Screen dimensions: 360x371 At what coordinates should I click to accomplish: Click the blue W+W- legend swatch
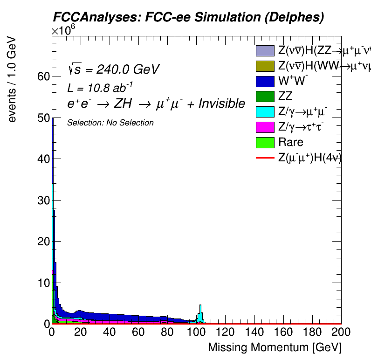[x=265, y=81]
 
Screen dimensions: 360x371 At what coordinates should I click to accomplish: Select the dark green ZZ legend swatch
[x=265, y=97]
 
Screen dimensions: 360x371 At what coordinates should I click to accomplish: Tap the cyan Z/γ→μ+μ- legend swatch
[x=265, y=112]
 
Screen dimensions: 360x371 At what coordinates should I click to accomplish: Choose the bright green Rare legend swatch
[x=265, y=142]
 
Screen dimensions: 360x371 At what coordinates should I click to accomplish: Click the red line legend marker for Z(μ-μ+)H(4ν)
[x=265, y=158]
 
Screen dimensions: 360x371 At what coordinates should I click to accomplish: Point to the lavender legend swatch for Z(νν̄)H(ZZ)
[x=265, y=51]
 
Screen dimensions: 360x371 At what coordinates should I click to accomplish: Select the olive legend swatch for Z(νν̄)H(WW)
[x=265, y=66]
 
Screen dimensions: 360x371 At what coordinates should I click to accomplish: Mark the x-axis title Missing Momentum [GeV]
[x=275, y=347]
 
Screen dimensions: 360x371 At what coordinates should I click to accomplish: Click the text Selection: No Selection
[x=110, y=123]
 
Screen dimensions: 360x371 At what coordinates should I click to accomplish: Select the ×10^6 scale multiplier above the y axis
[x=63, y=31]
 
